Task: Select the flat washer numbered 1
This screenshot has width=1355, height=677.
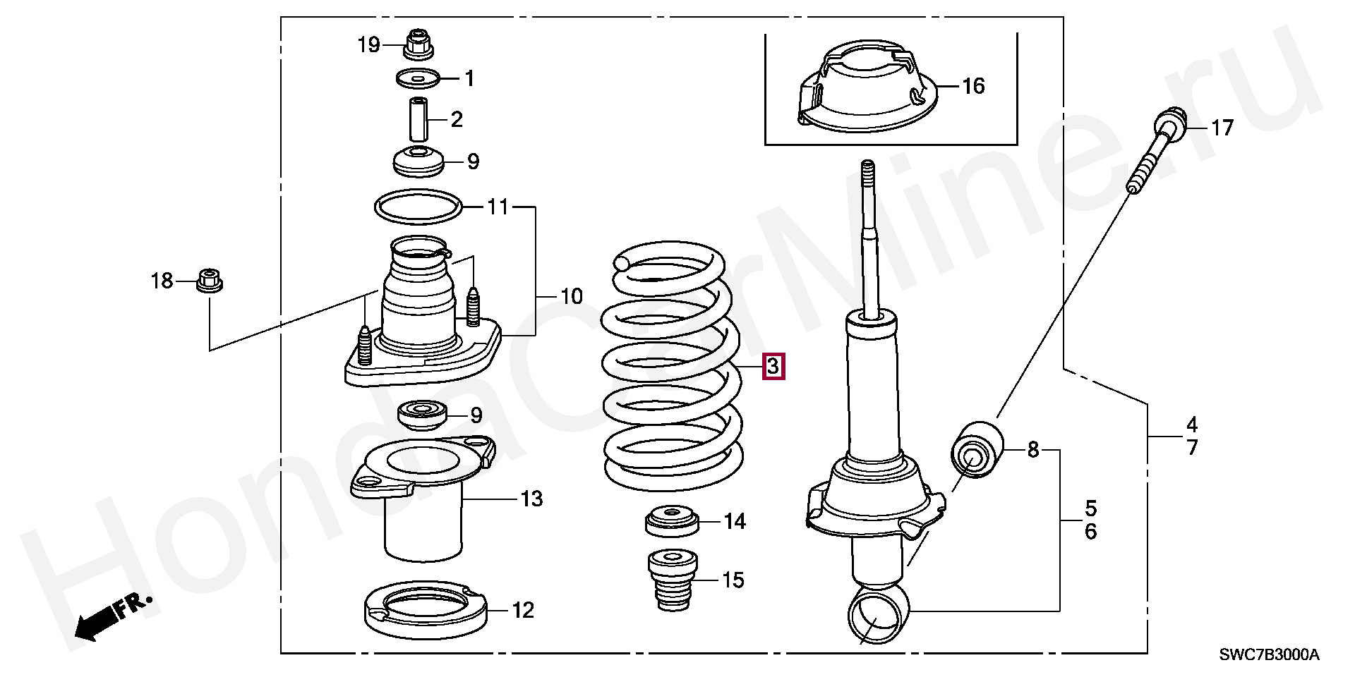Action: pyautogui.click(x=417, y=78)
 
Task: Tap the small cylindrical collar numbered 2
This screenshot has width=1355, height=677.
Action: pyautogui.click(x=418, y=119)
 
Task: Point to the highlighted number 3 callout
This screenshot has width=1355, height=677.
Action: pyautogui.click(x=773, y=367)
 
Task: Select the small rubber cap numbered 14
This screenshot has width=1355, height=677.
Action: pyautogui.click(x=672, y=521)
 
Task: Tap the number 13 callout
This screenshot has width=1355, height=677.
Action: pyautogui.click(x=532, y=499)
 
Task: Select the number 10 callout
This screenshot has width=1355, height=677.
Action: pyautogui.click(x=572, y=296)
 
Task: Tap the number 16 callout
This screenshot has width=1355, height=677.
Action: pyautogui.click(x=973, y=86)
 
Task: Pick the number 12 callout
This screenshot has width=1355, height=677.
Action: pyautogui.click(x=523, y=611)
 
